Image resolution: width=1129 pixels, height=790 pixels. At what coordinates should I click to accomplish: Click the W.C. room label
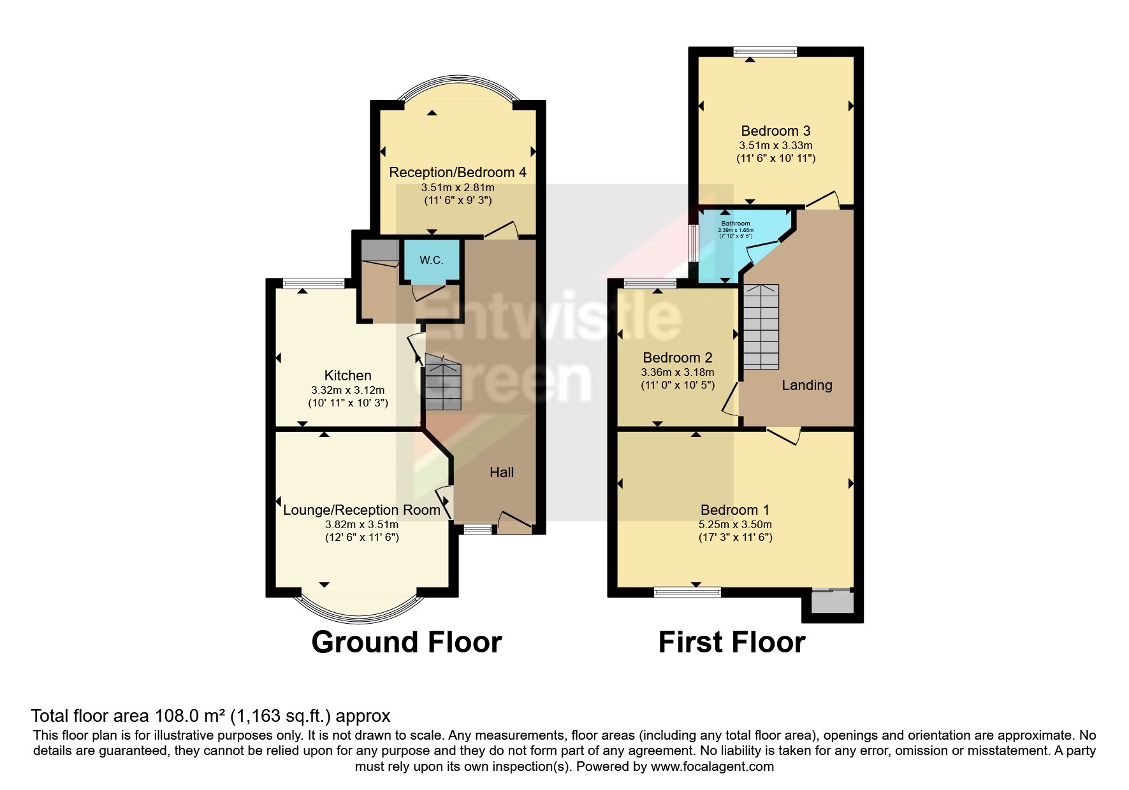pos(432,261)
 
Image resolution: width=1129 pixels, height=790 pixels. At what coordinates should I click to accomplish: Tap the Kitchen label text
pos(347,376)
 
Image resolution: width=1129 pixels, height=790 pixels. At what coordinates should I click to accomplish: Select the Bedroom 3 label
pos(776,131)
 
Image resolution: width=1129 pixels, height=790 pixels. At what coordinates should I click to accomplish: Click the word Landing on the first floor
pos(806,385)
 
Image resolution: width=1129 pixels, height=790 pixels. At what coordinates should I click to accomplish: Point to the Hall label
pos(502,472)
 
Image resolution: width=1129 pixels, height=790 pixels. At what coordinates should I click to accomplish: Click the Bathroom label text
pos(735,224)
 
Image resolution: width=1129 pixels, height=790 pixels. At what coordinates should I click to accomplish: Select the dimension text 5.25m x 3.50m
pos(735,525)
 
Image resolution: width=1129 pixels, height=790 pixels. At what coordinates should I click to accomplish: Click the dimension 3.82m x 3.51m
pos(361,525)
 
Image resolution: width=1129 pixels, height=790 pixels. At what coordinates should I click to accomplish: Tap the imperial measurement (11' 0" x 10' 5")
pos(678,385)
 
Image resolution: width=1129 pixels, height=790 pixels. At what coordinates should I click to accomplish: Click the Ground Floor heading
pos(406,642)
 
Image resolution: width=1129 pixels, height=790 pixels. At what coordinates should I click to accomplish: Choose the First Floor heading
pos(731,642)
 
